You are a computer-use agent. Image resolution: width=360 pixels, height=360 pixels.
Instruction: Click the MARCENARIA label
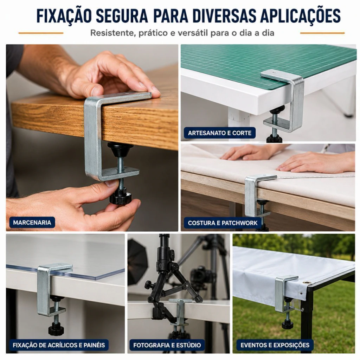pyautogui.click(x=32, y=223)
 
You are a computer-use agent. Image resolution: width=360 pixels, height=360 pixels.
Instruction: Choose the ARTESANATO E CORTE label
pyautogui.click(x=219, y=133)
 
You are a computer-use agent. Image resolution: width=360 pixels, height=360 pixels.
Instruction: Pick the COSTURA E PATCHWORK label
pyautogui.click(x=223, y=223)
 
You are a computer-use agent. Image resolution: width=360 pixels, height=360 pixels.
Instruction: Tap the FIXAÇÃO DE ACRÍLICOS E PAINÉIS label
pyautogui.click(x=59, y=345)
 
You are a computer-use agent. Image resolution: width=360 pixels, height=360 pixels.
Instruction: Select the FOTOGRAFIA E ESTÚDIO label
pyautogui.click(x=167, y=345)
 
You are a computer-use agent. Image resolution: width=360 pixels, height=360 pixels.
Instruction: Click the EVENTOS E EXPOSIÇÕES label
pyautogui.click(x=275, y=345)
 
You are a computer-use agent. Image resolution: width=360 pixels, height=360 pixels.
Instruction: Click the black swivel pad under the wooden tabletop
pyautogui.click(x=120, y=149)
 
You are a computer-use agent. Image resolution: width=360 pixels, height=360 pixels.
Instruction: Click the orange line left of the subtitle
pyautogui.click(x=41, y=33)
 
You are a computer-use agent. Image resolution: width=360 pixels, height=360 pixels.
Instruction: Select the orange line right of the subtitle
pyautogui.click(x=322, y=33)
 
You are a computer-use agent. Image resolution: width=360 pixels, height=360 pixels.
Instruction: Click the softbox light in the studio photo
pyautogui.click(x=137, y=262)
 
